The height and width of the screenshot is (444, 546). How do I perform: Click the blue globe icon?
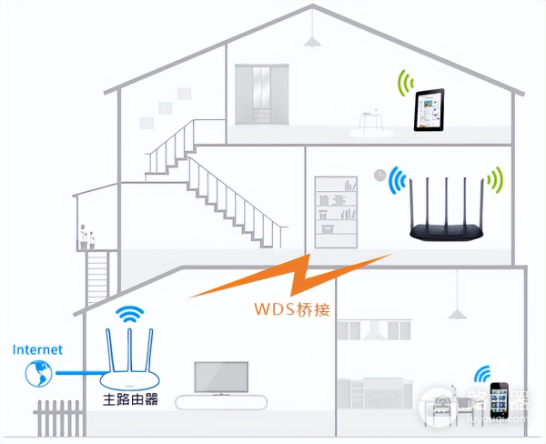(38, 371)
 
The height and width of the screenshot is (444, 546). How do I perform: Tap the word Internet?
(38, 348)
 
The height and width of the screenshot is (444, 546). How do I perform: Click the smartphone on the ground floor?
(499, 398)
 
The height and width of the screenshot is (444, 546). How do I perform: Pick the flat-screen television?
(220, 375)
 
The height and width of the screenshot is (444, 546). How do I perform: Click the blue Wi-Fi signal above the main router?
(131, 314)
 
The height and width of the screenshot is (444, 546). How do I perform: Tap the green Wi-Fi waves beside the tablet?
(403, 85)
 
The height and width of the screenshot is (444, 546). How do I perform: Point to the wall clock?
(379, 174)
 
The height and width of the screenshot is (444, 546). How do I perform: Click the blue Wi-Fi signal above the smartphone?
(482, 373)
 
